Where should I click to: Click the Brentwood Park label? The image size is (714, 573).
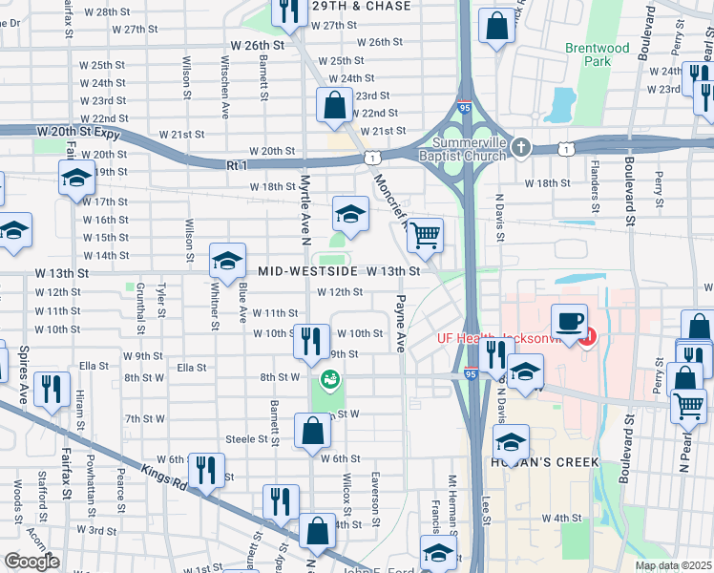(x=597, y=54)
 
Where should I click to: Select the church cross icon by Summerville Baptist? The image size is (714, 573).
(x=519, y=147)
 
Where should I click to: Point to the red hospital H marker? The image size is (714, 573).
(x=589, y=337)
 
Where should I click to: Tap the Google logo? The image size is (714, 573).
(x=31, y=561)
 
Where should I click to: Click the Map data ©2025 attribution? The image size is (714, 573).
(x=673, y=565)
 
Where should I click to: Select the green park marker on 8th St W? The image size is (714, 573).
(x=331, y=380)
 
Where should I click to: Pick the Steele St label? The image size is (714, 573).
(x=244, y=438)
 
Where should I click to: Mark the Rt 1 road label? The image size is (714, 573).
(x=238, y=165)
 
